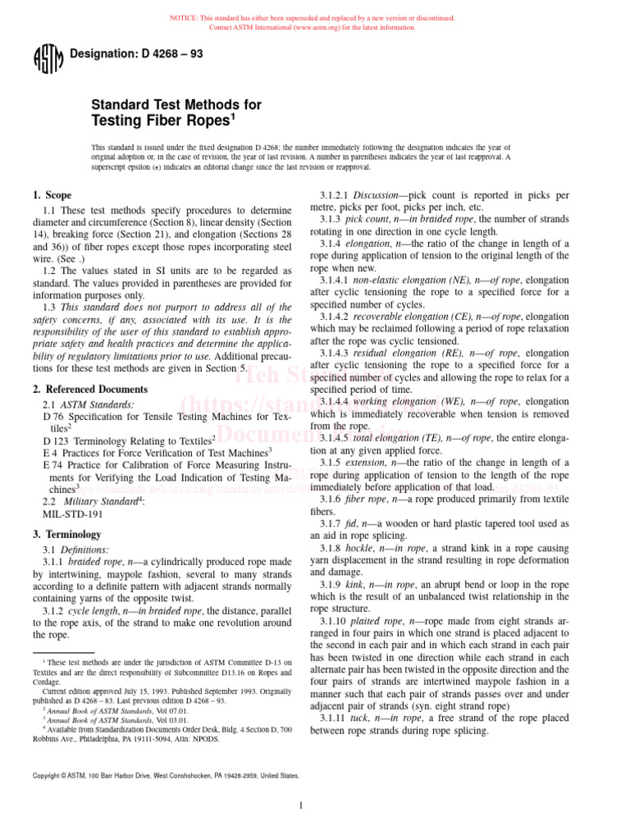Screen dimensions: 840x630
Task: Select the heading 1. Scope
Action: pos(52,195)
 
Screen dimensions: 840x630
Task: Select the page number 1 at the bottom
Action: pos(301,806)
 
